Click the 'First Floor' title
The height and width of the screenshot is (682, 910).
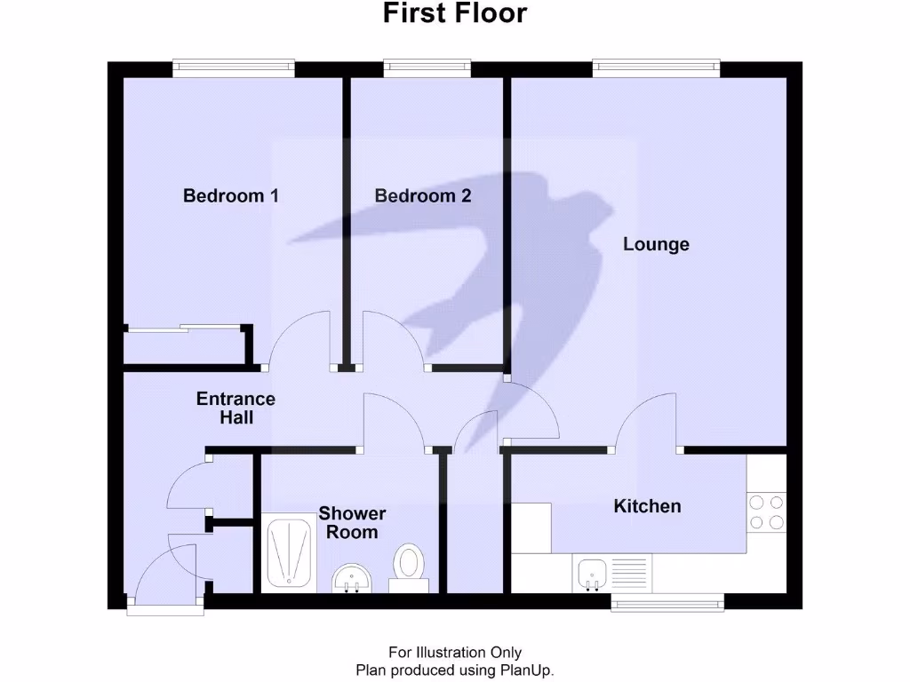[454, 14]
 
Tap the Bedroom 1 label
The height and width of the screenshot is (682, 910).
[230, 195]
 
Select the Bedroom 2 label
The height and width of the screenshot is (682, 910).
[422, 195]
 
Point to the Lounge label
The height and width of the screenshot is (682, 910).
[656, 243]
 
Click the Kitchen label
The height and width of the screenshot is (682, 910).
[648, 506]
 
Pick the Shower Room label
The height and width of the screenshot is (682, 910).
[352, 523]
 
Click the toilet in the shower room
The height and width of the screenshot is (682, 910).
[409, 565]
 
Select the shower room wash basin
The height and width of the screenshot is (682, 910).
[353, 581]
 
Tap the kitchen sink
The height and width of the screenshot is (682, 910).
[591, 573]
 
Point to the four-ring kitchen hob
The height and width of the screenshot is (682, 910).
[766, 511]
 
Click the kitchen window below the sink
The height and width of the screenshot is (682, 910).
[667, 603]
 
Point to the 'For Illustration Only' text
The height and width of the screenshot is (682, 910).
[454, 653]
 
